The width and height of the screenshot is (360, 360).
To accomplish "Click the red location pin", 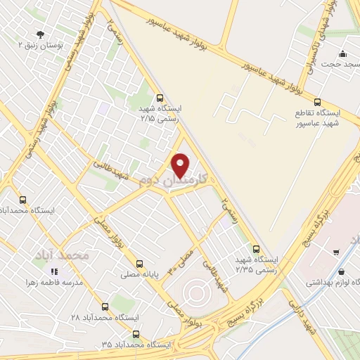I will coord(181,165).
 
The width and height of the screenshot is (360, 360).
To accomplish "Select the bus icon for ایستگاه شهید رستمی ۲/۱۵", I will coord(160,98).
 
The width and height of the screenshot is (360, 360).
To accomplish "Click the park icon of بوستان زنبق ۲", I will coord(39,33).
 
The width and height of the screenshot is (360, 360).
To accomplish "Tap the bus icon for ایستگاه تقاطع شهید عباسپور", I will coord(317,102).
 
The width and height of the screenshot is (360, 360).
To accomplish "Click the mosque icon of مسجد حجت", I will coord(342,54).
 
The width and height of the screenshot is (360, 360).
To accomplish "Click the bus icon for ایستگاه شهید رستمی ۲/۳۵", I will coord(256,248).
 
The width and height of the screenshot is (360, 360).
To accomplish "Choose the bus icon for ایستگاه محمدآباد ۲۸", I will coord(105,307).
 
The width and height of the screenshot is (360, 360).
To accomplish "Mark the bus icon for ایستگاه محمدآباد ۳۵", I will coord(136,334).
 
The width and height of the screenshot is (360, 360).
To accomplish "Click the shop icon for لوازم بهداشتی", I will coord(341,272).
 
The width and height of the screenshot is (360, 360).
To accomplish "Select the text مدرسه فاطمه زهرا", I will coord(54,283).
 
